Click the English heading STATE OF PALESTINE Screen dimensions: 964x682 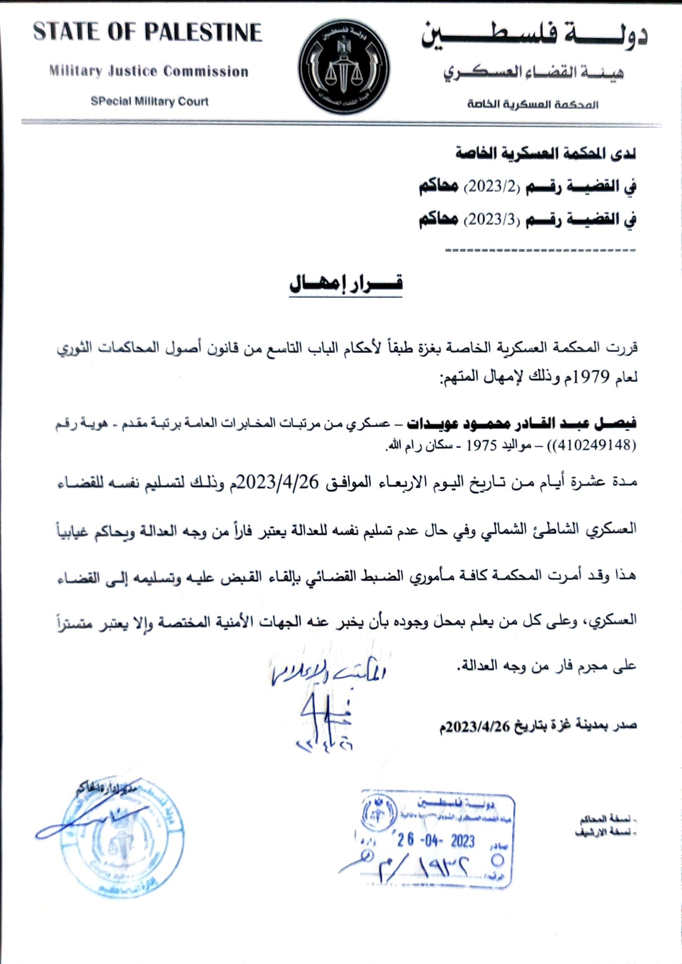point(147,32)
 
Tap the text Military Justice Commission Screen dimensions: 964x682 point(149,72)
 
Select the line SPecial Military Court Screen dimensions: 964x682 point(150,101)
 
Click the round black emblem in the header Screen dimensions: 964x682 point(344,66)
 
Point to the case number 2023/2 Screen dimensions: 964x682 point(492,187)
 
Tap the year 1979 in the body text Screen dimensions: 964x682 point(584,377)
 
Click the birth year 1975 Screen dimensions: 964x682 point(482,446)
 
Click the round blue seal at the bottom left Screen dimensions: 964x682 point(122,841)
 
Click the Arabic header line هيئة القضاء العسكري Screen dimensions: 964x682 point(533,73)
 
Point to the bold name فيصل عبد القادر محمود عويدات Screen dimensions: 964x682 point(522,423)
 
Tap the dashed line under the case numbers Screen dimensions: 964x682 point(540,250)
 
